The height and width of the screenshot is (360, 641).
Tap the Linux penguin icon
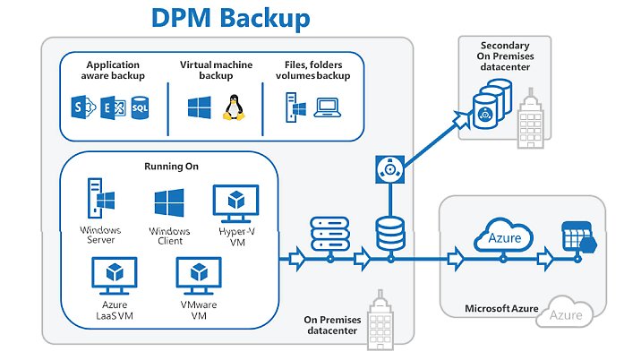(234, 108)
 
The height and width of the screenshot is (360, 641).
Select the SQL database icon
(140, 109)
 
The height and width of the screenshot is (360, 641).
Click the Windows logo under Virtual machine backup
(198, 109)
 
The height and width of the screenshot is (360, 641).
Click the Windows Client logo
(168, 203)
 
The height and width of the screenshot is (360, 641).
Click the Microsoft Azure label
(501, 309)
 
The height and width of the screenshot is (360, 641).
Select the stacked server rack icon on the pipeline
(330, 236)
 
